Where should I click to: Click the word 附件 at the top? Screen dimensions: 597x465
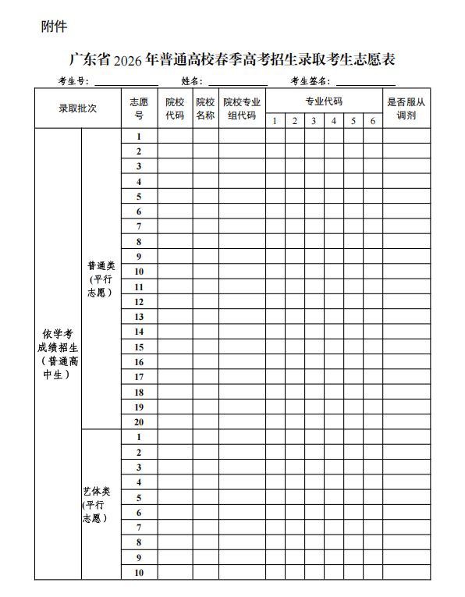[x=54, y=27]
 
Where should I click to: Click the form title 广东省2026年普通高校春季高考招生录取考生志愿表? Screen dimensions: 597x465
[x=232, y=59]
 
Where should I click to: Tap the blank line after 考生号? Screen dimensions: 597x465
[x=126, y=81]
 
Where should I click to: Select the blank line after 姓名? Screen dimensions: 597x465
[x=237, y=81]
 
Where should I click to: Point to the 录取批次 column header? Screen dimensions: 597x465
[x=78, y=108]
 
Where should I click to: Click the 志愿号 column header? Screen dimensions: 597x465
[x=139, y=108]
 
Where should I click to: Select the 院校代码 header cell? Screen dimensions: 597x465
[x=175, y=108]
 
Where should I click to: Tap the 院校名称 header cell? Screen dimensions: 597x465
[x=205, y=108]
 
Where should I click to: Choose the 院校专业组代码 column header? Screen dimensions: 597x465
[x=242, y=108]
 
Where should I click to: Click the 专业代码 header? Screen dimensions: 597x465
[x=324, y=101]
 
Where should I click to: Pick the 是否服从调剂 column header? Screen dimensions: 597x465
[x=406, y=108]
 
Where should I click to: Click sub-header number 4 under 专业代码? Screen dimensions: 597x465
[x=333, y=121]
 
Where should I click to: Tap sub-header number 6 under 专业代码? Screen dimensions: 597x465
[x=373, y=121]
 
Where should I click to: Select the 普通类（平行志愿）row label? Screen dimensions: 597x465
[x=101, y=279]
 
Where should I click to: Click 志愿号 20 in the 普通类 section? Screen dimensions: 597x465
[x=139, y=421]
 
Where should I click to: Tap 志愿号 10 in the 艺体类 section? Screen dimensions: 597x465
[x=139, y=573]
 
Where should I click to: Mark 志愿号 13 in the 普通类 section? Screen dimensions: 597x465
[x=139, y=316]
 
